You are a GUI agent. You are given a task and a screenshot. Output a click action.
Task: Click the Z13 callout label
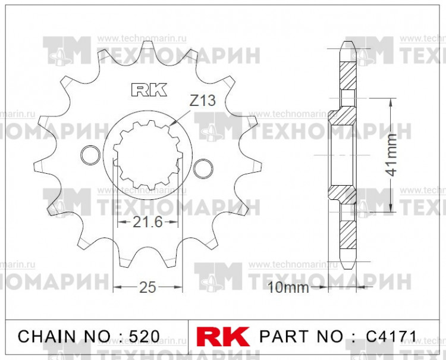202,101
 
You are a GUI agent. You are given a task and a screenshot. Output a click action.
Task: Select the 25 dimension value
147,287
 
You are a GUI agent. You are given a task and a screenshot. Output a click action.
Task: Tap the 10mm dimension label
288,289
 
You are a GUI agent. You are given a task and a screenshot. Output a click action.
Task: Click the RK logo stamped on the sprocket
149,90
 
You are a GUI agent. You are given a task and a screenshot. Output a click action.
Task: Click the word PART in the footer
281,336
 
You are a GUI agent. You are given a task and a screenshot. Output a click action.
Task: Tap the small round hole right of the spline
203,167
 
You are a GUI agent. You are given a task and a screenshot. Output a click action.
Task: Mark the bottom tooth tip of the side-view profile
347,267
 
